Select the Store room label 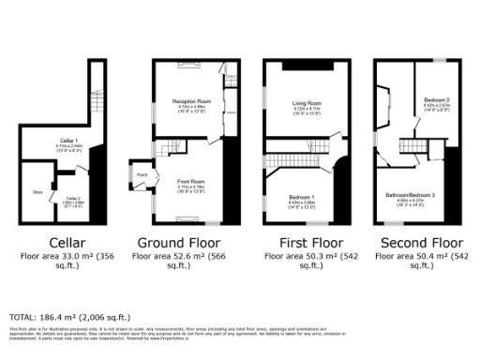(x=38, y=191)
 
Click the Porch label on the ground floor (x=142, y=174)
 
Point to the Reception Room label (x=191, y=100)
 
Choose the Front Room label (x=191, y=181)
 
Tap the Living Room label (x=307, y=102)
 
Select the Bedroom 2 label (x=436, y=99)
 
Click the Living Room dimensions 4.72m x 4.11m (x=307, y=109)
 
